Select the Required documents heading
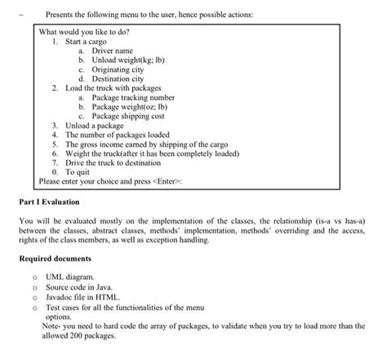pos(56,259)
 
